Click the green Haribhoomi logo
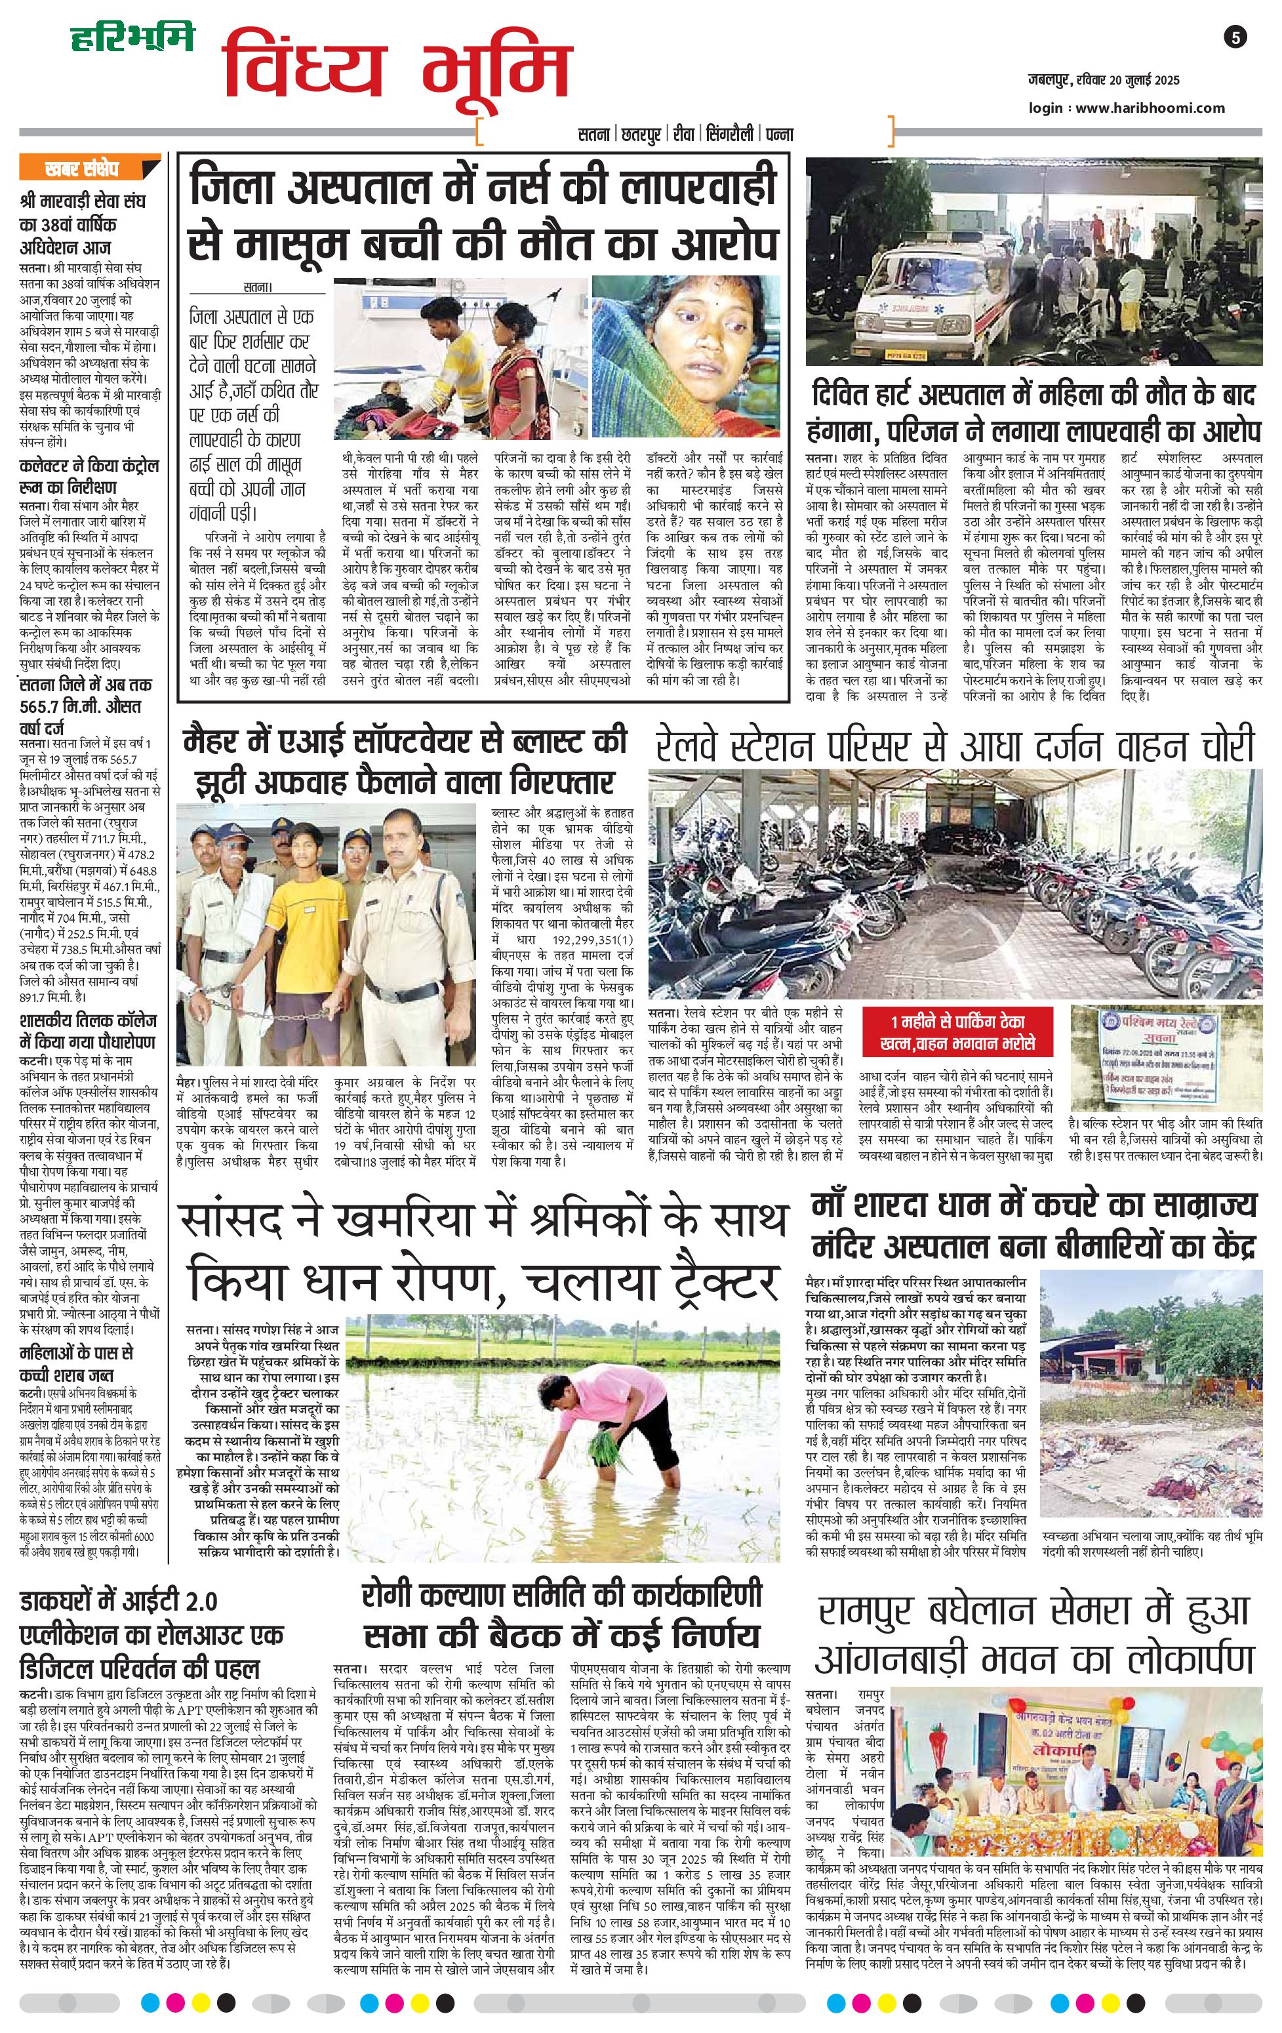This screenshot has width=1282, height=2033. [132, 38]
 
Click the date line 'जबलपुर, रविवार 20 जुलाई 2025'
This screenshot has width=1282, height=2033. [1103, 81]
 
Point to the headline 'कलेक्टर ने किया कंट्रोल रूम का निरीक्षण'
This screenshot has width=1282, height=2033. [89, 477]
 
